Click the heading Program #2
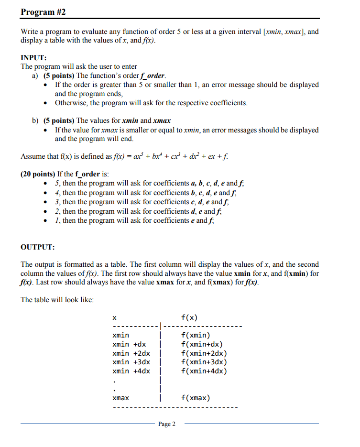pos(44,11)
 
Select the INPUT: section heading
pos(33,57)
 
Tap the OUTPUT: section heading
pos(38,247)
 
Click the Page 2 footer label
pos(166,424)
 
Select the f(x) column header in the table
pos(189,317)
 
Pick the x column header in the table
pos(114,317)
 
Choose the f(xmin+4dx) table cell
pos(204,371)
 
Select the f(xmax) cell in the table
pos(196,398)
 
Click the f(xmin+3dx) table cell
pos(204,362)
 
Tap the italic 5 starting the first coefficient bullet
pos(57,183)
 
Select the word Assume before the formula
pos(33,156)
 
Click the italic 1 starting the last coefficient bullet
pos(57,220)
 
